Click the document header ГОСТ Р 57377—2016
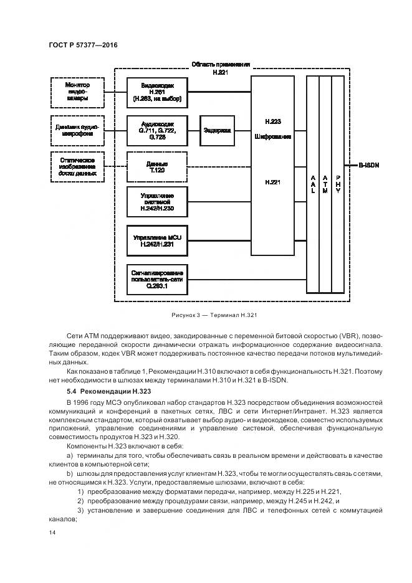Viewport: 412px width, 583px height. [82, 46]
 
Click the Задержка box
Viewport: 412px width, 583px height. [217, 131]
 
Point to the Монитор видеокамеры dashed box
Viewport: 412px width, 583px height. [78, 92]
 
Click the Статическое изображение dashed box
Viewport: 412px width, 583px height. [78, 166]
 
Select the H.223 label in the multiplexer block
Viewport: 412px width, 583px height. [272, 121]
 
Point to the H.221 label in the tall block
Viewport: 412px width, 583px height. [272, 182]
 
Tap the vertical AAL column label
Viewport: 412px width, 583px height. [312, 184]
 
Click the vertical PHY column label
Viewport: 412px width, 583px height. [338, 184]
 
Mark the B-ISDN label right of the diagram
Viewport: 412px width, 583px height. [368, 166]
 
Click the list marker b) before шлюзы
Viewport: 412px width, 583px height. [71, 474]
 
